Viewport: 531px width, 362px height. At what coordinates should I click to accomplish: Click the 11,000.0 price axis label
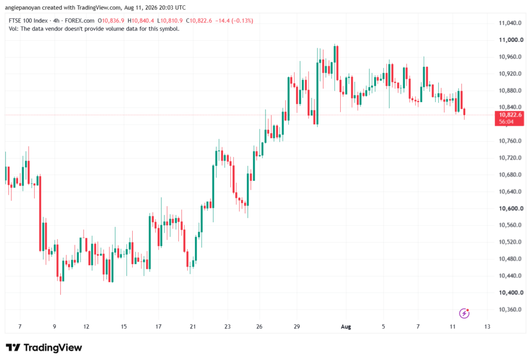pyautogui.click(x=511, y=40)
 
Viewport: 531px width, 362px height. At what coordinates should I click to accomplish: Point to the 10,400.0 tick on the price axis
pyautogui.click(x=511, y=293)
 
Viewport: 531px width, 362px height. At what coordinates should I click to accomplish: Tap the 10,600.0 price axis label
pyautogui.click(x=511, y=208)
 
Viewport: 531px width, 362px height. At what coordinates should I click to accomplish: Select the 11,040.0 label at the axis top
pyautogui.click(x=510, y=23)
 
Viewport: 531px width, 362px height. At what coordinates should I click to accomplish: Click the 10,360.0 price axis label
pyautogui.click(x=510, y=310)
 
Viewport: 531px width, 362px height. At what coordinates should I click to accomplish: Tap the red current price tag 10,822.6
pyautogui.click(x=509, y=119)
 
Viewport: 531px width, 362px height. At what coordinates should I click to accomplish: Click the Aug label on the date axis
pyautogui.click(x=346, y=327)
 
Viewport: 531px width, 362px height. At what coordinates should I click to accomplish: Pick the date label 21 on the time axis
pyautogui.click(x=193, y=327)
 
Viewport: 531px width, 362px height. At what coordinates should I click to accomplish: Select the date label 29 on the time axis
pyautogui.click(x=297, y=327)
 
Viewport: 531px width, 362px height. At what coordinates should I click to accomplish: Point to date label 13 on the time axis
pyautogui.click(x=487, y=327)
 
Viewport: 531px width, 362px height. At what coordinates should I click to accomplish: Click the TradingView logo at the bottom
pyautogui.click(x=44, y=348)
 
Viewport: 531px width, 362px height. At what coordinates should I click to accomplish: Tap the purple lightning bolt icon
pyautogui.click(x=464, y=313)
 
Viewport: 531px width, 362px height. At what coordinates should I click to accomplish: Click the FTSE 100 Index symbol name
pyautogui.click(x=28, y=21)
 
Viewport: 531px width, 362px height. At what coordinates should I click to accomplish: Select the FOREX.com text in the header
pyautogui.click(x=79, y=21)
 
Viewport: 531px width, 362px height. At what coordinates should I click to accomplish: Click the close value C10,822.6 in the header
pyautogui.click(x=199, y=21)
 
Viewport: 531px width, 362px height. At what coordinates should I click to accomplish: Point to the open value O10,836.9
pyautogui.click(x=111, y=21)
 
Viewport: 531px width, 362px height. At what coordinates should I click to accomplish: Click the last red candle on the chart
pyautogui.click(x=464, y=112)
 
